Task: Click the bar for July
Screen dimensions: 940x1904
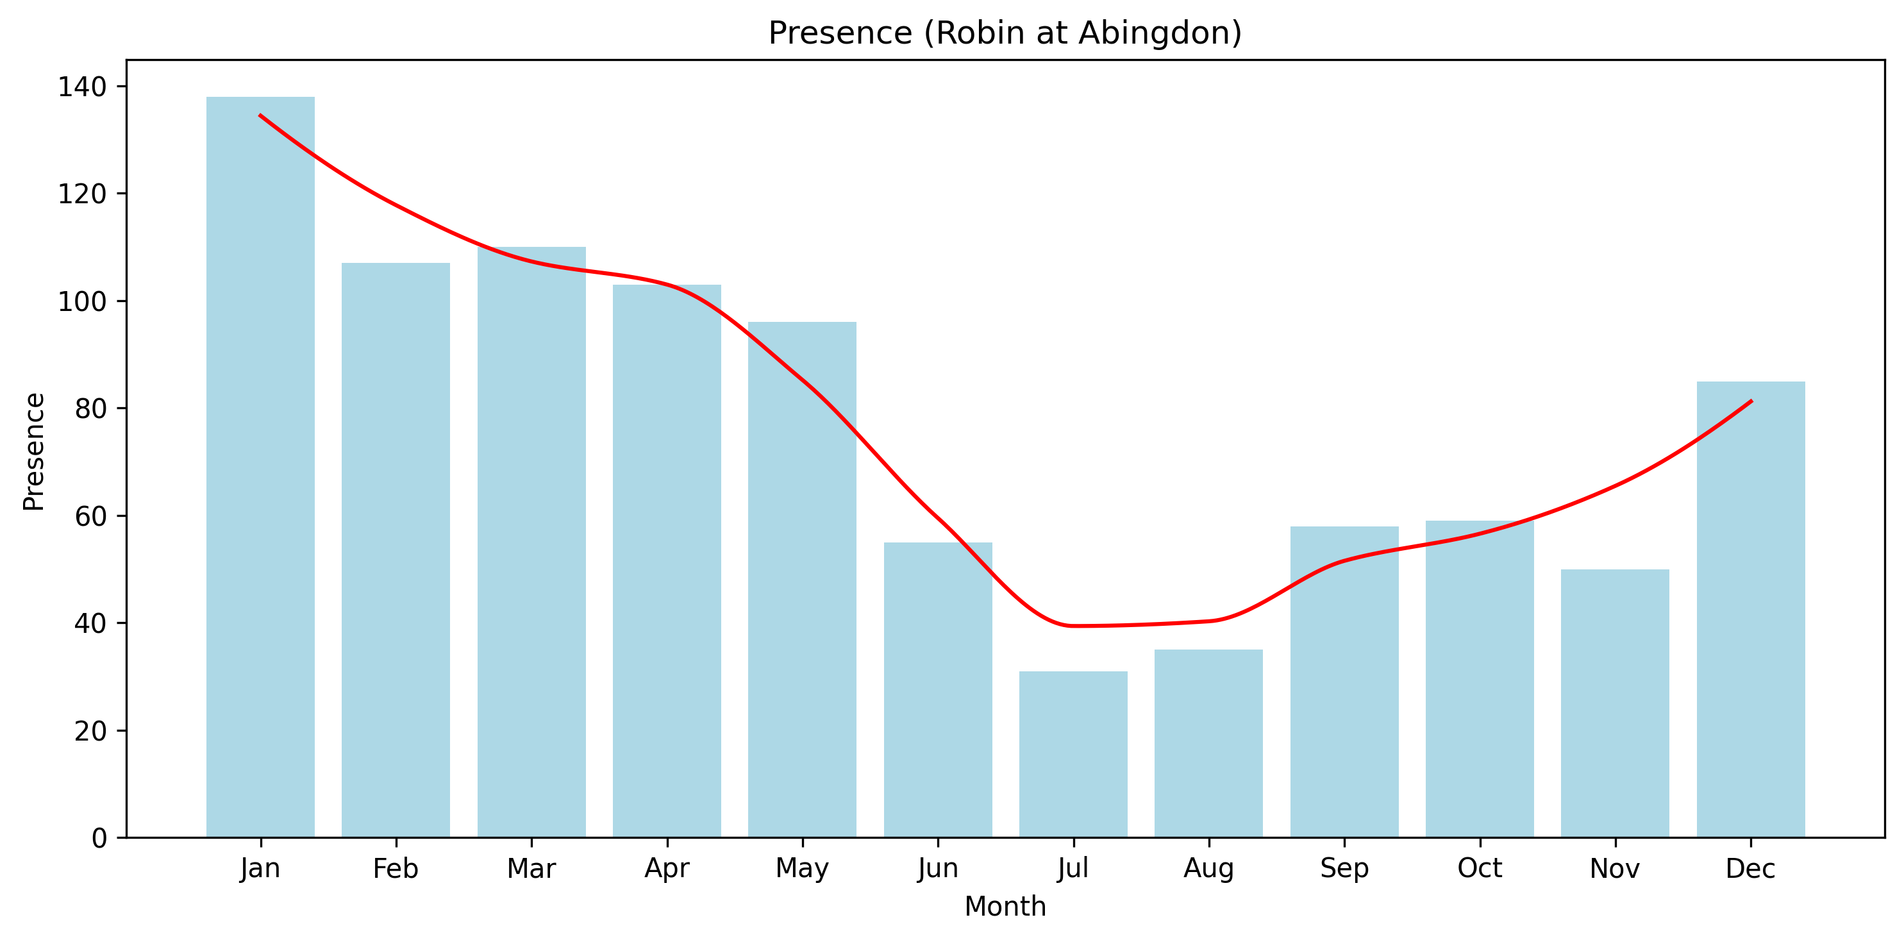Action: point(1073,754)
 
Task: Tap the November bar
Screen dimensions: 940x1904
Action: point(1615,703)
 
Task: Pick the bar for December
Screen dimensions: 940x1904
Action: point(1750,609)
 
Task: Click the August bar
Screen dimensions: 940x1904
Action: point(1208,743)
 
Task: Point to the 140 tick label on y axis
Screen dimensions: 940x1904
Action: point(82,87)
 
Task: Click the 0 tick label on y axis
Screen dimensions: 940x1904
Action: point(99,838)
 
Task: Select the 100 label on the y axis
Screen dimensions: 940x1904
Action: point(82,301)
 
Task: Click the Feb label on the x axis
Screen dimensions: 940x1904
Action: point(396,869)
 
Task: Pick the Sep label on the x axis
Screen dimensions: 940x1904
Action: point(1344,868)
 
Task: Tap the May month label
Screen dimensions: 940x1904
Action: point(802,869)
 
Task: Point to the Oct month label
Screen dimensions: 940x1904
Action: point(1480,868)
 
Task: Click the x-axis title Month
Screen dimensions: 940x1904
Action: point(1005,907)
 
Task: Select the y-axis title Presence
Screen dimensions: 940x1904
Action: point(34,451)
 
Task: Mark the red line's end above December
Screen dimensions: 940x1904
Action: point(1751,401)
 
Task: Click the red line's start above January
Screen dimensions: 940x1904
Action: point(260,115)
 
